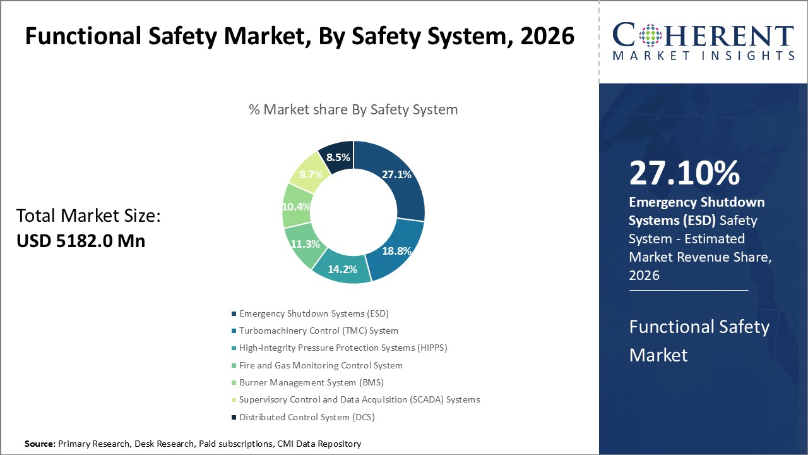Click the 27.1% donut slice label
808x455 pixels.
[x=396, y=175]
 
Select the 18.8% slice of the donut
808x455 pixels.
[x=396, y=251]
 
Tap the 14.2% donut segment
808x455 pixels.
[x=342, y=268]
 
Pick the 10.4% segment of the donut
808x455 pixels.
[x=296, y=206]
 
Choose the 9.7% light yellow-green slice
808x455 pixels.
[x=311, y=174]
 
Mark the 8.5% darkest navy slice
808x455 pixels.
[x=338, y=157]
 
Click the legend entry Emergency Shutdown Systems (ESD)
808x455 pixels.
[x=314, y=313]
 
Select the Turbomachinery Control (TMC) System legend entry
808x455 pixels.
[x=319, y=331]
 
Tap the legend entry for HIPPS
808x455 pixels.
[x=343, y=348]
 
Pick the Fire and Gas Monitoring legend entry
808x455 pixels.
[x=321, y=365]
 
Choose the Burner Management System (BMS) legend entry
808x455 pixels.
[x=311, y=382]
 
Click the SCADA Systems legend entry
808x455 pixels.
[x=359, y=399]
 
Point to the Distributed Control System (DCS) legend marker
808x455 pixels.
[x=234, y=417]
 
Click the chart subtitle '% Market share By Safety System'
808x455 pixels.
[x=353, y=109]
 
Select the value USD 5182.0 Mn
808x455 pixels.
[x=81, y=241]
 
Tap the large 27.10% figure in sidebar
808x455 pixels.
[x=684, y=174]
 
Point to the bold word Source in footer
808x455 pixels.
[x=40, y=444]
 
